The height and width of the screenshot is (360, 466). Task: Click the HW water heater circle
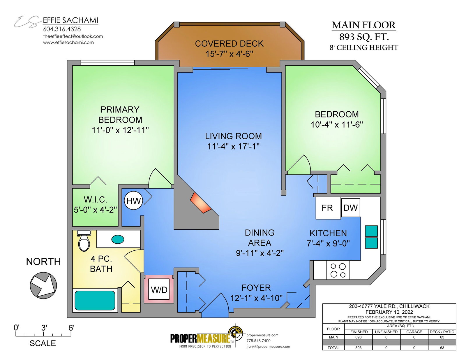click(133, 201)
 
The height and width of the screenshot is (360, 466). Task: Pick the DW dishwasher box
click(350, 208)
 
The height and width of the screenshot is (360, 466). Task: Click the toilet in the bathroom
click(84, 241)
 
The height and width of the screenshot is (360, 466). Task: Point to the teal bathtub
click(95, 300)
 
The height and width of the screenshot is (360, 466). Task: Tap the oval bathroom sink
click(118, 239)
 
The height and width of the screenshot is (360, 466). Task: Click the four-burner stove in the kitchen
click(338, 270)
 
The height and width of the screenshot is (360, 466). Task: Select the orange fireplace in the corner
click(200, 203)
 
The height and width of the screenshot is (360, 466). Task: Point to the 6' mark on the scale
click(71, 328)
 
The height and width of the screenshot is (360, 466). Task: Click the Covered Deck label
click(229, 44)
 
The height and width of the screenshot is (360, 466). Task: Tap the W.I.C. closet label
click(95, 199)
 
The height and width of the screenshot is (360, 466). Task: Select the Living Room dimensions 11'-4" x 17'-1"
click(233, 147)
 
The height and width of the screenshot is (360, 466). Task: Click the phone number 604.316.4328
click(62, 29)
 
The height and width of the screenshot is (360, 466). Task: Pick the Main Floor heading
click(364, 25)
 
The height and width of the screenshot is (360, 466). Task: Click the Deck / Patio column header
click(442, 332)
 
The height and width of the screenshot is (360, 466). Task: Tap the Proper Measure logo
click(206, 337)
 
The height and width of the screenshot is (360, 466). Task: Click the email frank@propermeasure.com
click(268, 347)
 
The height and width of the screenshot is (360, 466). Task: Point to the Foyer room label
click(256, 288)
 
